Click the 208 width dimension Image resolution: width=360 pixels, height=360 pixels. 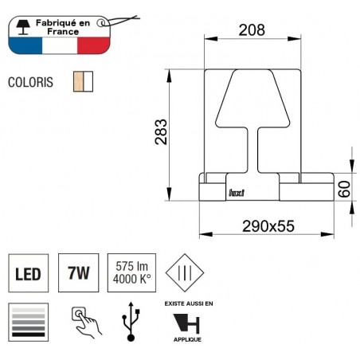coord(252,32)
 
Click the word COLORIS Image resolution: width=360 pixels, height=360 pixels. coord(34,81)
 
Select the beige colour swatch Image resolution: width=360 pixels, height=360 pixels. coord(78,81)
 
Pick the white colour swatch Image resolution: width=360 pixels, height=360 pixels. coord(89,81)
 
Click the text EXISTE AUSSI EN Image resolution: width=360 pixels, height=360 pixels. coord(188,303)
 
